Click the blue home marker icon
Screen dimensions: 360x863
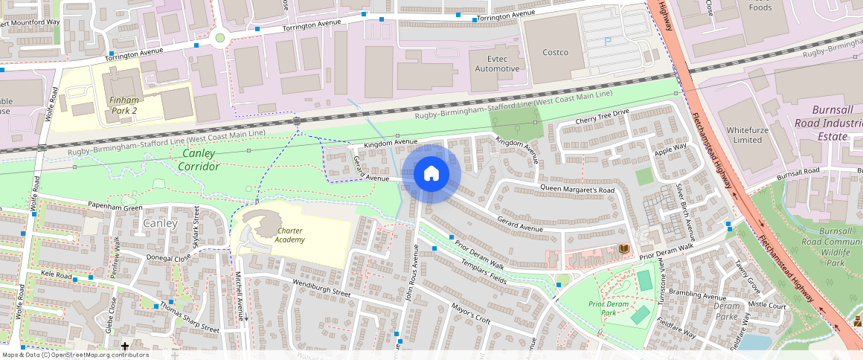coord(431,174)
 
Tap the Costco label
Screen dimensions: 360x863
coord(555,52)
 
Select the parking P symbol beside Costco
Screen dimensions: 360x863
coord(609,42)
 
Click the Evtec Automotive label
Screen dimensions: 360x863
coord(498,63)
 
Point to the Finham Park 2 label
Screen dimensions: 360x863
coord(123,105)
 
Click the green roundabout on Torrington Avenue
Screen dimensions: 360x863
coord(219,38)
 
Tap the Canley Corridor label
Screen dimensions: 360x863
coord(198,160)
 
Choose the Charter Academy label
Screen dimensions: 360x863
coord(289,235)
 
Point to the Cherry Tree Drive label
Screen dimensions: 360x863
coord(603,117)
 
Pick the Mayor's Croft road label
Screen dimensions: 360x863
coord(472,315)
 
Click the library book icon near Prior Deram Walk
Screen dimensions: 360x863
coord(623,248)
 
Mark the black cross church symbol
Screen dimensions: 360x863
coord(125,347)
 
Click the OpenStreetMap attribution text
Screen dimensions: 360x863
coord(74,355)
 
